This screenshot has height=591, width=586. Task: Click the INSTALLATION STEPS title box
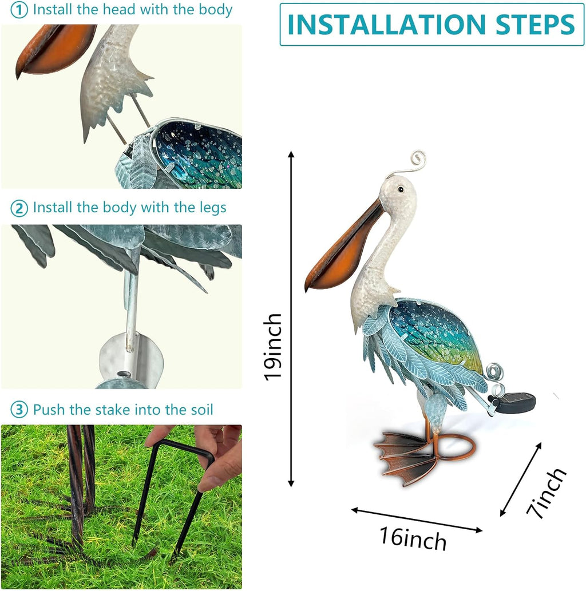(432, 24)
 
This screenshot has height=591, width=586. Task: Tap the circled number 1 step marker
(19, 10)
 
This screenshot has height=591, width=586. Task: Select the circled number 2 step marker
(19, 208)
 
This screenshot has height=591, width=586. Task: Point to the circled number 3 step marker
(19, 410)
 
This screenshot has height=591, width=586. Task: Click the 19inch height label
(274, 346)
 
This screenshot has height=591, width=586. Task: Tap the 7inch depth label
(547, 493)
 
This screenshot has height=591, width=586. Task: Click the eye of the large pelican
(400, 188)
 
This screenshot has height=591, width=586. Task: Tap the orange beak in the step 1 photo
(54, 50)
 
